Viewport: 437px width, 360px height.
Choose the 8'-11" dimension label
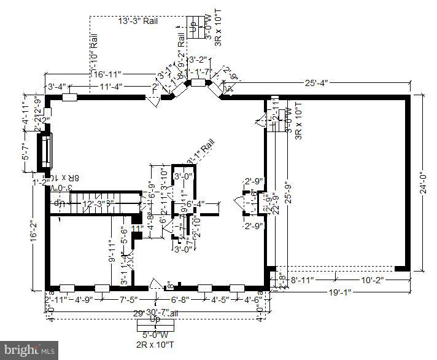(303, 281)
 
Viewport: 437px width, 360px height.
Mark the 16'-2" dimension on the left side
(34, 233)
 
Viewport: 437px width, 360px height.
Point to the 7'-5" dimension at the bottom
(130, 300)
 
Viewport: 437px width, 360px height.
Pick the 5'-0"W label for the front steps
(155, 335)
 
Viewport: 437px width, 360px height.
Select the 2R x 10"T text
(155, 345)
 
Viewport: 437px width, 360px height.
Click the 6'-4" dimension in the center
(195, 203)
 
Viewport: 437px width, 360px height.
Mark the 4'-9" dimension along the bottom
(84, 300)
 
